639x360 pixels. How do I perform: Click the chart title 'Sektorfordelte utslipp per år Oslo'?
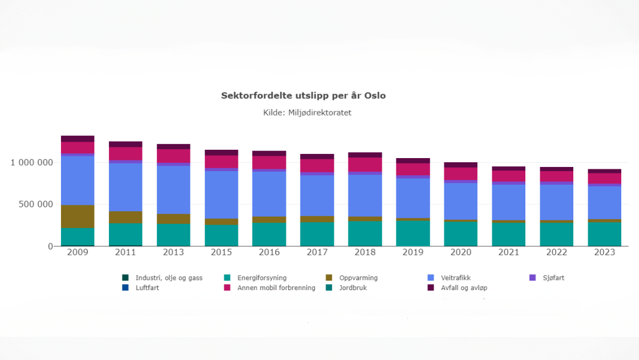point(303,95)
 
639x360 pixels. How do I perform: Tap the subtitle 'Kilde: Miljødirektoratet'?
point(307,112)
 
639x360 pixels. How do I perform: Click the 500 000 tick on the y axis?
point(37,204)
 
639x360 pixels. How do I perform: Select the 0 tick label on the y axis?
point(50,246)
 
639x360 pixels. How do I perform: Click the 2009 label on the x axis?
point(78,253)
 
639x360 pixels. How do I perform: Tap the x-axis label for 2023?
point(604,253)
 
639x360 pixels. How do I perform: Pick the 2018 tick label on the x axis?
point(364,253)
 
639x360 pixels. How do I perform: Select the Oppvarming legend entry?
point(358,278)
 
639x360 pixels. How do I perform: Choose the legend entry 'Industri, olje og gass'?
point(168,278)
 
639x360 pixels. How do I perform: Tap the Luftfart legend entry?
point(147,288)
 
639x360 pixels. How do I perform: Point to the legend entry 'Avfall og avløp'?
point(464,288)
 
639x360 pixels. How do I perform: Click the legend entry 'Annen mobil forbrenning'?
point(276,288)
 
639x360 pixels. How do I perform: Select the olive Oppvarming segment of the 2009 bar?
point(78,216)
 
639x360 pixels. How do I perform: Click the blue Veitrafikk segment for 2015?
point(221,195)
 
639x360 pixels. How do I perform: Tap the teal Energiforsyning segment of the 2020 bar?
point(460,234)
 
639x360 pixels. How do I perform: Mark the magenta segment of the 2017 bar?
point(317,166)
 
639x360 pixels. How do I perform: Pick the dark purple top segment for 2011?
point(125,144)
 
